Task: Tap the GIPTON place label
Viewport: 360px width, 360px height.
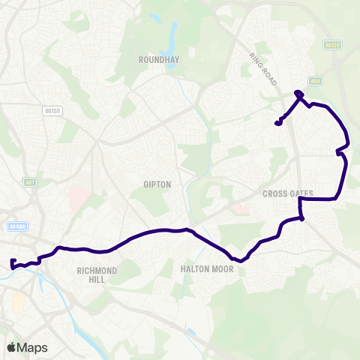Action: click(157, 184)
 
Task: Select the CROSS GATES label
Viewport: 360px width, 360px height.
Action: click(288, 193)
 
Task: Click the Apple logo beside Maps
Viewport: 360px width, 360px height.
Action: click(10, 347)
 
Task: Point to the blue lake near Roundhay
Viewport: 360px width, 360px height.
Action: click(172, 34)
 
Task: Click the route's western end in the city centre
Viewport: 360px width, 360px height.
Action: click(12, 262)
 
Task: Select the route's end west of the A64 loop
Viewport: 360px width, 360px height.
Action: click(277, 123)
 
